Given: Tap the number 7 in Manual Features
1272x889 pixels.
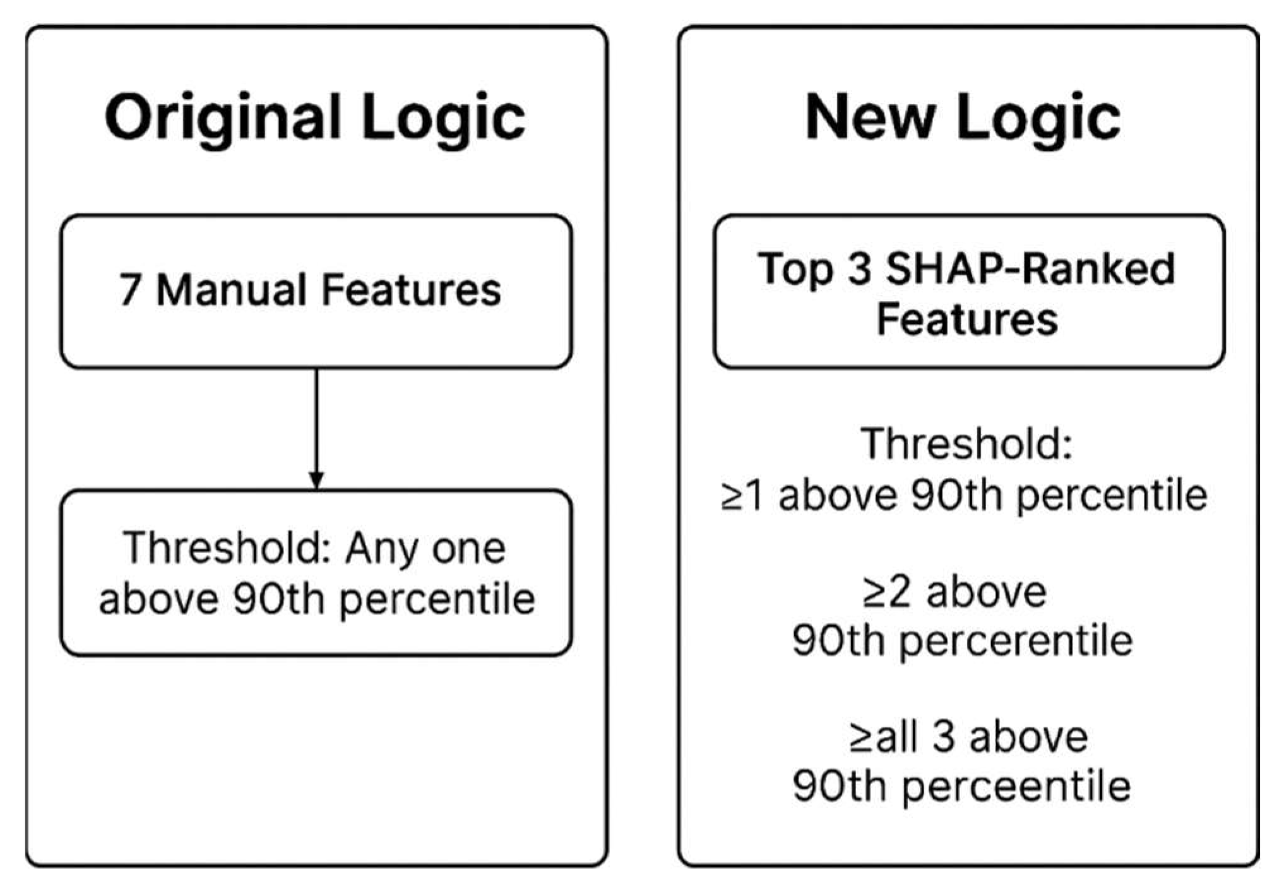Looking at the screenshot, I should pos(130,290).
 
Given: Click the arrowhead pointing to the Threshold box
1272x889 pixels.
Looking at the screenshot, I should pos(316,480).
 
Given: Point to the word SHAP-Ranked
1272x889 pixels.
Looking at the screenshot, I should pos(1030,268).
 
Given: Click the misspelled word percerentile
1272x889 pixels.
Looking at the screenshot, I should pos(1016,641).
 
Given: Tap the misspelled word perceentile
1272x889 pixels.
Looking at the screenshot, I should pos(1016,786).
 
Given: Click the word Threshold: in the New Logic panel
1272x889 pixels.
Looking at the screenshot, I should pos(966,444).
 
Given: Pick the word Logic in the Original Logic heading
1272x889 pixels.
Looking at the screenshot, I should pos(443,118).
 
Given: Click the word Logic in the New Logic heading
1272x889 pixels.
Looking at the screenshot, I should pos(1038,118).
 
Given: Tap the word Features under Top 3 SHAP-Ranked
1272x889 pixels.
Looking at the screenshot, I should pos(966,319).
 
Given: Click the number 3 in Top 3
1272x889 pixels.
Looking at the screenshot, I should pos(859,268).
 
